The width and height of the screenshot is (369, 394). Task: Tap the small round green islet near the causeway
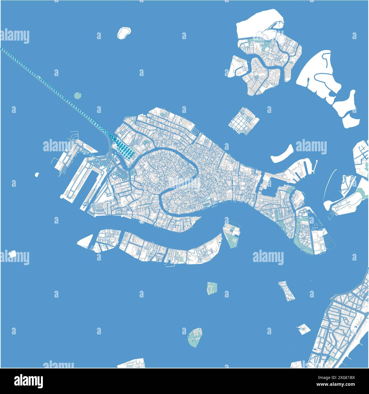click(77, 95)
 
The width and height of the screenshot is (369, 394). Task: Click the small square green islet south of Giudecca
click(211, 288)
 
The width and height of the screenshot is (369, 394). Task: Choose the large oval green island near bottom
click(195, 337)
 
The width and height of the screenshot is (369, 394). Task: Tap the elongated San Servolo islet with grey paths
click(286, 291)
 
